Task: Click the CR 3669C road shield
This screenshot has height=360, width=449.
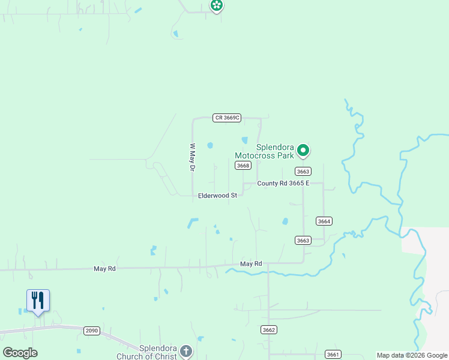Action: coord(227,118)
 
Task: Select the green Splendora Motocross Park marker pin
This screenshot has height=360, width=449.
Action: coord(304,150)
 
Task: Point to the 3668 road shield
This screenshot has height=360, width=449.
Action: coord(243,166)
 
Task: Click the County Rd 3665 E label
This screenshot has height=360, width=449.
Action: coord(283,184)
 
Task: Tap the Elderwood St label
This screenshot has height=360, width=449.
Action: coord(218,196)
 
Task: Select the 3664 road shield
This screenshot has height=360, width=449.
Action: coord(324,221)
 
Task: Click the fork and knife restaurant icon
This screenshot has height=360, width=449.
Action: coord(38,300)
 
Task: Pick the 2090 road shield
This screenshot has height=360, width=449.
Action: coord(92,331)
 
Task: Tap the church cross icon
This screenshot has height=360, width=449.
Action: coord(186,351)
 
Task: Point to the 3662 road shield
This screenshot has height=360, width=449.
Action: coord(269,330)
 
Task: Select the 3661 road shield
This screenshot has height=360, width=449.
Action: coord(333,355)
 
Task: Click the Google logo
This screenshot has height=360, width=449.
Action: coord(20,353)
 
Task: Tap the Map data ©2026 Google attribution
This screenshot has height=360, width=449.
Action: coord(412,355)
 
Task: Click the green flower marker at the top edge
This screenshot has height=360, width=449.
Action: coord(216,5)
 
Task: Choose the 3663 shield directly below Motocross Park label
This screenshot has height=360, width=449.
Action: coord(303,172)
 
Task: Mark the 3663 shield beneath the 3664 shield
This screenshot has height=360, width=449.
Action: coord(303,241)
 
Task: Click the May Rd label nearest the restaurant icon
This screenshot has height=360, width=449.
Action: coord(104,269)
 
